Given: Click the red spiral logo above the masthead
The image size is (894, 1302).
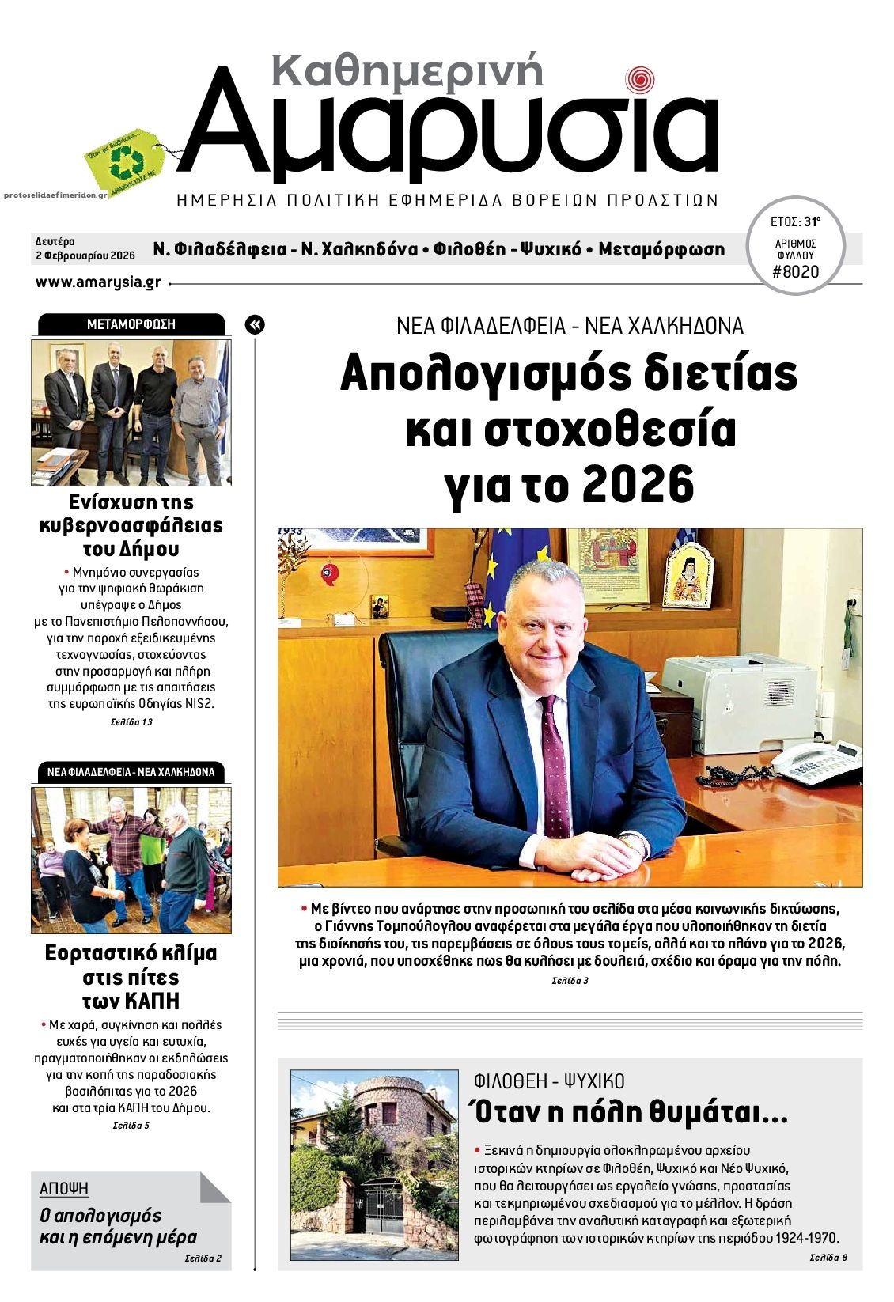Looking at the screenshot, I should (x=640, y=79).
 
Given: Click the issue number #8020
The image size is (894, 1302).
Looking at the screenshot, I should (x=795, y=272).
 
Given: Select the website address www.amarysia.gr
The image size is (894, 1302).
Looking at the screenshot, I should (x=98, y=282).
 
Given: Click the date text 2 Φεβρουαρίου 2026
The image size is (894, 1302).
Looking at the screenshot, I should (x=85, y=255).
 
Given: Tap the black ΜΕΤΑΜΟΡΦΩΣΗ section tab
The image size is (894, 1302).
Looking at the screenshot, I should (x=131, y=324).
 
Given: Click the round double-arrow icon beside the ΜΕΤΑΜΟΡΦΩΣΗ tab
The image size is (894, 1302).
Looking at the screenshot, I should (x=255, y=324).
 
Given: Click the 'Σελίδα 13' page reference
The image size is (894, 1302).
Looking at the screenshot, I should (x=131, y=722).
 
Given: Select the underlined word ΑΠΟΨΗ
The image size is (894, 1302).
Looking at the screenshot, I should (x=64, y=1189).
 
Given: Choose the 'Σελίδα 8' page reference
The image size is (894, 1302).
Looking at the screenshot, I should (x=828, y=1258).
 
